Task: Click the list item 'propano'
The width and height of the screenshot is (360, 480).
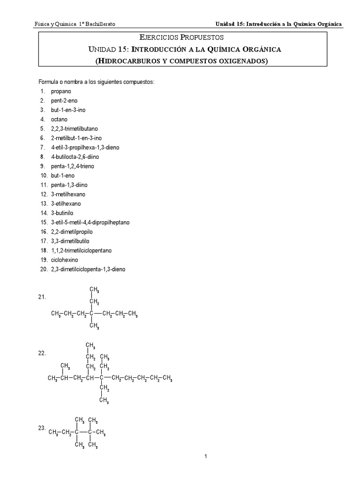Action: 61,91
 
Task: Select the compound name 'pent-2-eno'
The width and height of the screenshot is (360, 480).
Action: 64,101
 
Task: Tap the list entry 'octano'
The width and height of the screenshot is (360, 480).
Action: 59,120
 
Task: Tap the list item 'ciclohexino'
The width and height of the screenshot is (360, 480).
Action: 64,260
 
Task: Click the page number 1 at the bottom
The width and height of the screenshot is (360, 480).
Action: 206,457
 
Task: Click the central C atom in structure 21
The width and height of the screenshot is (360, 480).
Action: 92,314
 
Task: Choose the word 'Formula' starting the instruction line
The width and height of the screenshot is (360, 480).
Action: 48,82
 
